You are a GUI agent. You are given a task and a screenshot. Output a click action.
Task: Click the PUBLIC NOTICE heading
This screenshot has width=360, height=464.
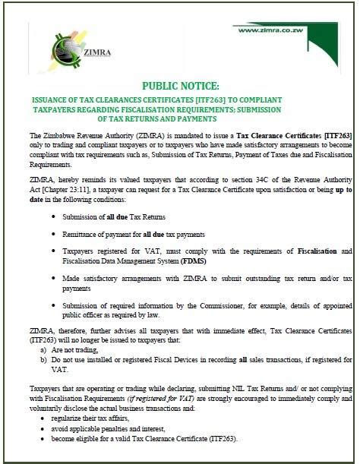(x=180, y=86)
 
